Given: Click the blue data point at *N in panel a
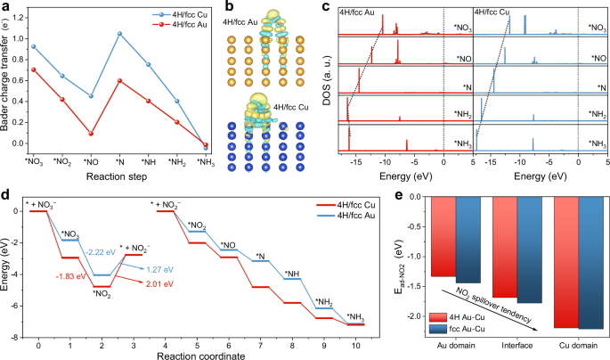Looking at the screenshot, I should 119,34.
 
